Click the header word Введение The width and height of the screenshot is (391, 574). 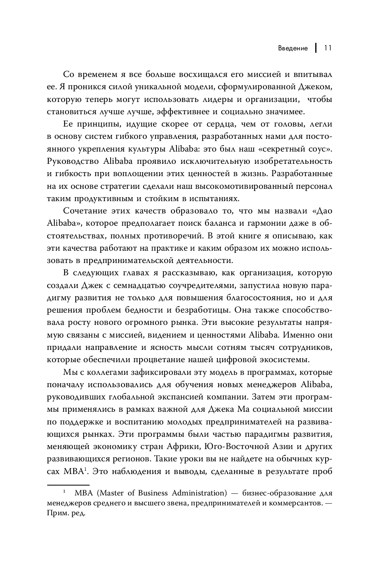[x=293, y=48]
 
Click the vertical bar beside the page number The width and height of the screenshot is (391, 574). [x=316, y=48]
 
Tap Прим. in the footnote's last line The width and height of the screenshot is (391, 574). [x=59, y=514]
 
